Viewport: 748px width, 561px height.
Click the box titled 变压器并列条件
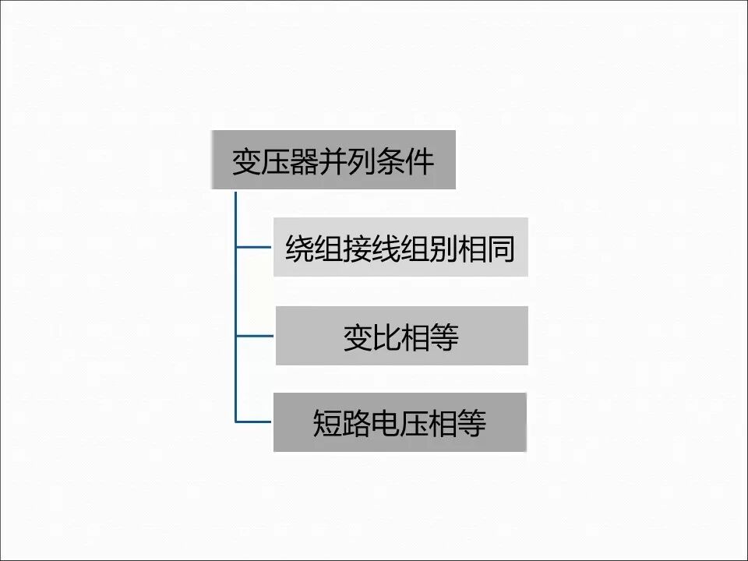click(x=333, y=160)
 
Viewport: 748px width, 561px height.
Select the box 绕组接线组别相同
click(x=400, y=247)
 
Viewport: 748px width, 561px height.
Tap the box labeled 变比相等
click(x=401, y=336)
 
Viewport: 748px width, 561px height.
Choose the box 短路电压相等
click(x=400, y=422)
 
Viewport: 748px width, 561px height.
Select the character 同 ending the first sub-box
click(x=501, y=250)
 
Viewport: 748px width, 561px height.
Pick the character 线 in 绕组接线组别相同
click(x=386, y=250)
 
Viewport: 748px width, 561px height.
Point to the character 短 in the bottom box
click(x=327, y=424)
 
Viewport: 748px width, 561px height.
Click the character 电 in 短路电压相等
click(x=385, y=424)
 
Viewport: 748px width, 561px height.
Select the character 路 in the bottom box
click(x=356, y=424)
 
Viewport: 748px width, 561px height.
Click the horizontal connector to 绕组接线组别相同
click(x=254, y=248)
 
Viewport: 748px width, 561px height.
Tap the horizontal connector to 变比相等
click(x=255, y=336)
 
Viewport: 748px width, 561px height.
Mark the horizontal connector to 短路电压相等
click(x=254, y=422)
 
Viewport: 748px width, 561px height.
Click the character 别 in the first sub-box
click(x=443, y=250)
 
